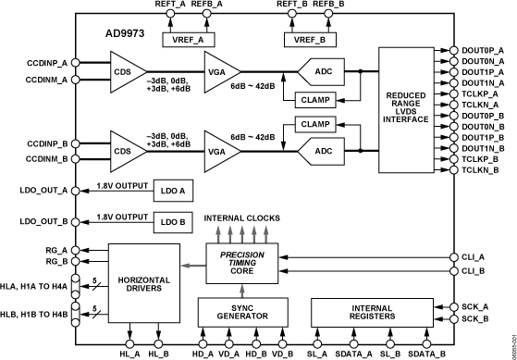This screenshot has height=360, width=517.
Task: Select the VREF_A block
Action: [188, 40]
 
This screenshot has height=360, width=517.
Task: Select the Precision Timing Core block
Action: [243, 261]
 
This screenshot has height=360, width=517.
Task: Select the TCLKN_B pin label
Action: [482, 170]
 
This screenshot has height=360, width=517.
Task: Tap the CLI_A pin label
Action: [472, 256]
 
